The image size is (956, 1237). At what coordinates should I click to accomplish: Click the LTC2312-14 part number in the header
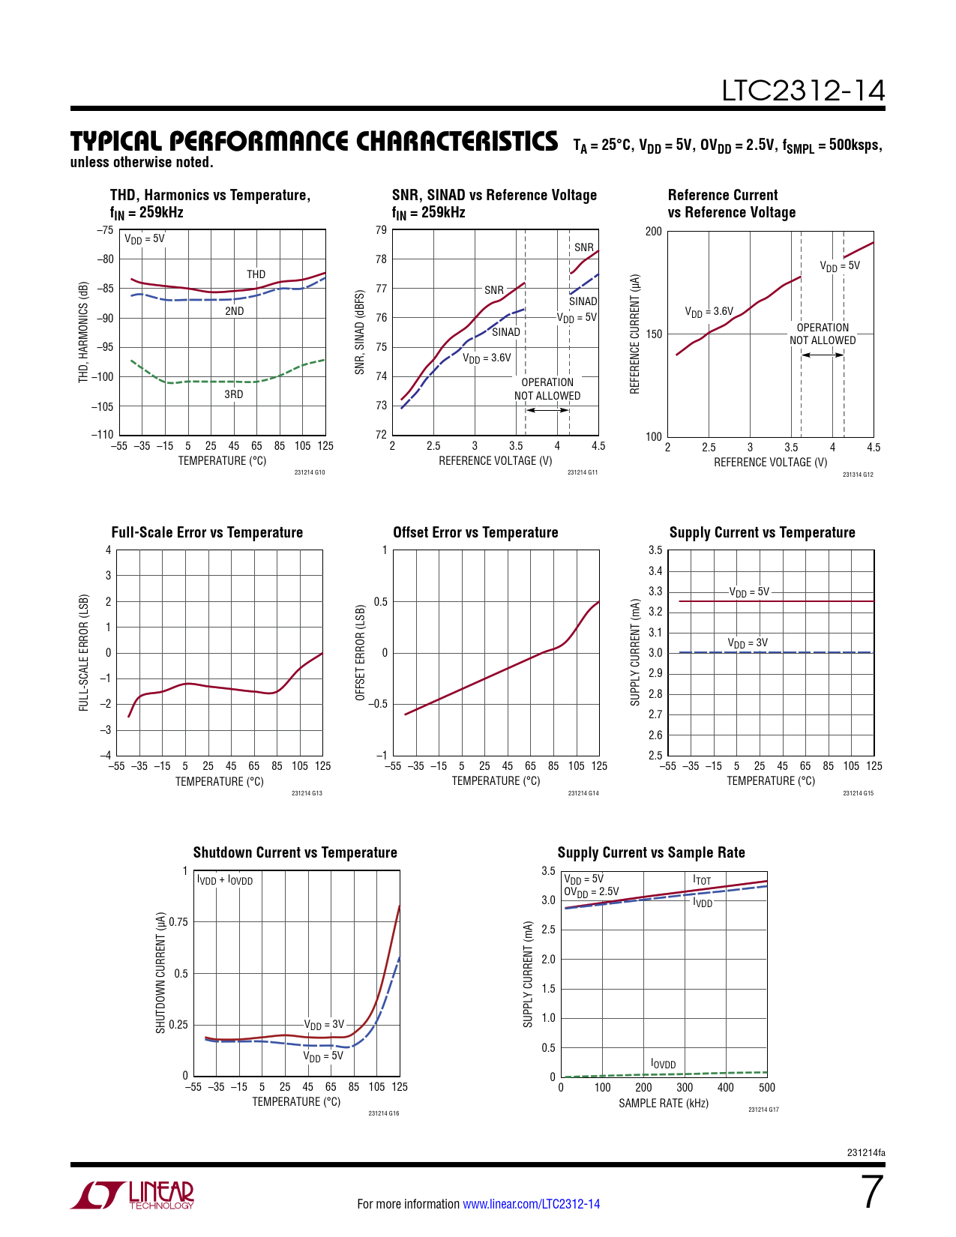pos(803,91)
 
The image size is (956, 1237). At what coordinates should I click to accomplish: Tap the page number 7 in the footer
pos(871,1193)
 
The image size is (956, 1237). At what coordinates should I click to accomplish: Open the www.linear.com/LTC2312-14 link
pos(531,1204)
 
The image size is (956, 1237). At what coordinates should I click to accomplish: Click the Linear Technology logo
pos(133,1195)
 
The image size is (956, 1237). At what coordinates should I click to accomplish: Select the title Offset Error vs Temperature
pos(475,532)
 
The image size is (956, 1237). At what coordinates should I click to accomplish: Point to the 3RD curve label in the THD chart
pos(234,394)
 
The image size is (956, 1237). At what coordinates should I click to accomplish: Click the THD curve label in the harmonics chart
pos(256,274)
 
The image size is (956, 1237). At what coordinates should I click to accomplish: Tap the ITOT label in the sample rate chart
pos(702,880)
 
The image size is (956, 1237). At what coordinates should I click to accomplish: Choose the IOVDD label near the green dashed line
pos(663,1064)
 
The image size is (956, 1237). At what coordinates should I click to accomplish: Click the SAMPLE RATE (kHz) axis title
pos(663,1103)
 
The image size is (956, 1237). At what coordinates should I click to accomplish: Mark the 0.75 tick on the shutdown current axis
pos(178,922)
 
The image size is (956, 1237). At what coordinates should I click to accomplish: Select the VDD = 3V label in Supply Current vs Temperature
pos(748,643)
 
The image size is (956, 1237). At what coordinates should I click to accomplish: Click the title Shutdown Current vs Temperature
pos(295,852)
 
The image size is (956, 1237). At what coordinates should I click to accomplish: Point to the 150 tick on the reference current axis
pos(654,334)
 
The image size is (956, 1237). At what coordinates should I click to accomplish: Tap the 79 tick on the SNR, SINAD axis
pos(382,230)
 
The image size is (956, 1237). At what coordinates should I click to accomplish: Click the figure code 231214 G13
pos(307,793)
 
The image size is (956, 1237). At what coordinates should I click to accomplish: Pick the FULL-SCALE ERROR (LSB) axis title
pos(84,653)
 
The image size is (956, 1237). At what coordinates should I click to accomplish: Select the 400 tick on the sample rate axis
pos(726,1087)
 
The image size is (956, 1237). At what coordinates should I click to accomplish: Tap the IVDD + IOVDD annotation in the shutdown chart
pos(225,880)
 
